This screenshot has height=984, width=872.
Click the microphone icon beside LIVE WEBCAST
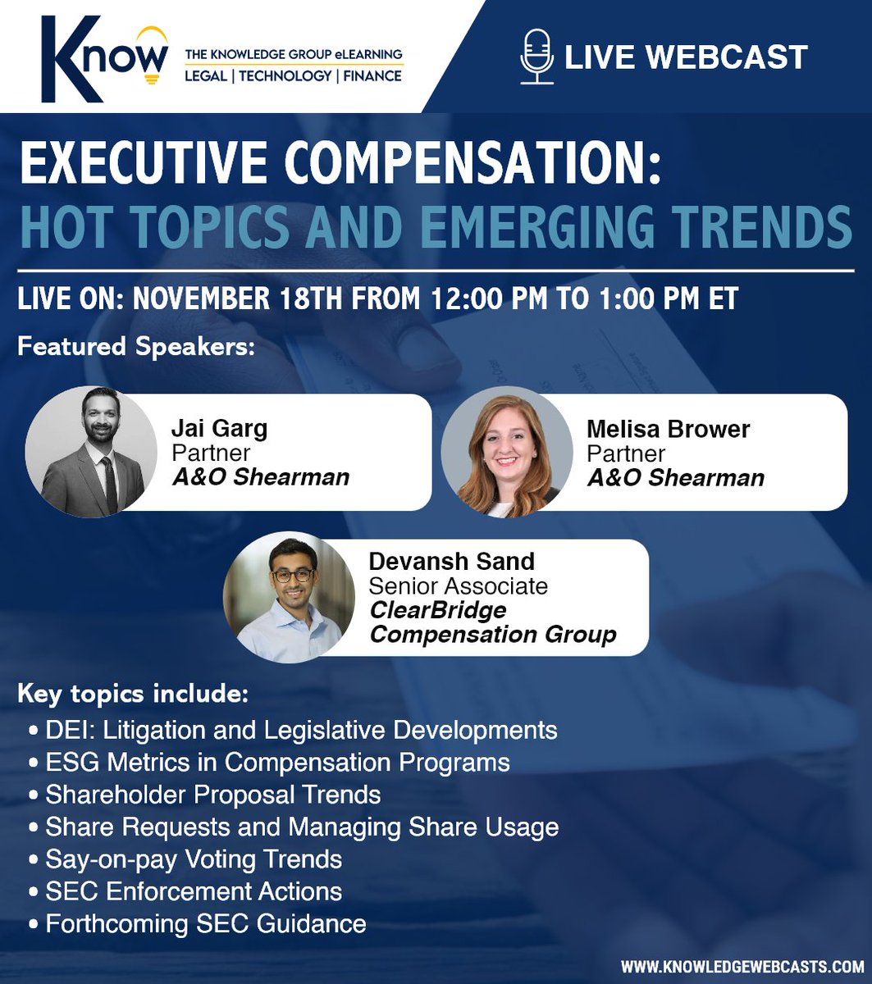pyautogui.click(x=537, y=57)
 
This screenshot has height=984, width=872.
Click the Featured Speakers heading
pyautogui.click(x=136, y=345)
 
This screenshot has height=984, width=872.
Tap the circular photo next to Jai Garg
pyautogui.click(x=91, y=452)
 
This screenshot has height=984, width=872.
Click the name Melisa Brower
pyautogui.click(x=668, y=429)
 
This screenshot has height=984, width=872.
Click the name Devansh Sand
pyautogui.click(x=451, y=562)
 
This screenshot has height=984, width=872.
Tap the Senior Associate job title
pyautogui.click(x=458, y=586)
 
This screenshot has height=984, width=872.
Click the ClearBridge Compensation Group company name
pyautogui.click(x=492, y=622)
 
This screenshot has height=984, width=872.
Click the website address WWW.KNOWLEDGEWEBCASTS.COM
pyautogui.click(x=742, y=967)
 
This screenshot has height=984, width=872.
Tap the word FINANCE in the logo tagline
pyautogui.click(x=371, y=76)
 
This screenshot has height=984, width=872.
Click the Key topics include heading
pyautogui.click(x=132, y=695)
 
